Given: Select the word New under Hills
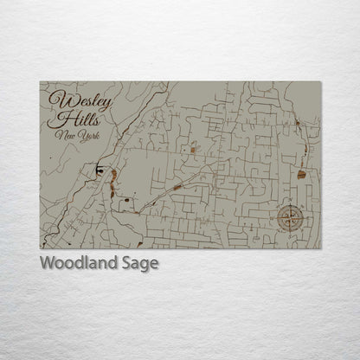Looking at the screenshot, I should (x=62, y=136).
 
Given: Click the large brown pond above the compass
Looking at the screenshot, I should (x=301, y=174).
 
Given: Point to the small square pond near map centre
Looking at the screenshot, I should (x=194, y=149).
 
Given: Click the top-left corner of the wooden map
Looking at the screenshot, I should (x=40, y=81).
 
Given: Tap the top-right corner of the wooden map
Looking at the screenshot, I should (x=321, y=81).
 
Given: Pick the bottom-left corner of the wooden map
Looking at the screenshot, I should (x=40, y=248).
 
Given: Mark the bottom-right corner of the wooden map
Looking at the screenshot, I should (x=321, y=248).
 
